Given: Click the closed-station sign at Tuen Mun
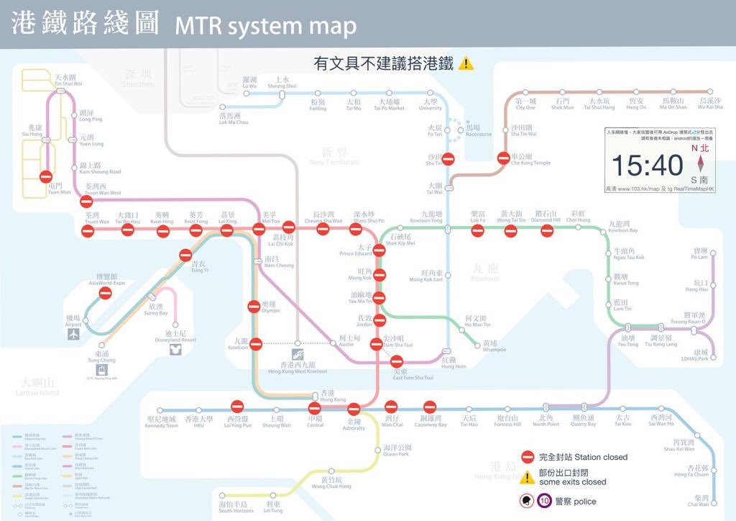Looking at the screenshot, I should [46, 176].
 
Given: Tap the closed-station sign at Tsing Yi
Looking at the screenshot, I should [186, 255].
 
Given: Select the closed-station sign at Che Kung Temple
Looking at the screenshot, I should [504, 158].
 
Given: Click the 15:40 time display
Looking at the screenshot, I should [647, 166].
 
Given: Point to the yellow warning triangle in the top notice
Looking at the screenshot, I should [466, 63].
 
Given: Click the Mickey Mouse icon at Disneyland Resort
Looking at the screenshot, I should [172, 350].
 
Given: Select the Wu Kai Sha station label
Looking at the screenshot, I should [709, 104].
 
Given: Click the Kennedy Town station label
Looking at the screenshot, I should [161, 422].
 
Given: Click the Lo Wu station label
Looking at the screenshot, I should [249, 82].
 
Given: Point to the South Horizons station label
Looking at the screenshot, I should [236, 507].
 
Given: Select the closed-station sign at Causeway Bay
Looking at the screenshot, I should [430, 407].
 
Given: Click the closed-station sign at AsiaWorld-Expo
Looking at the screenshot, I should [105, 293].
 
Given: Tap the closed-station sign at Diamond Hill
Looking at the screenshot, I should [547, 231].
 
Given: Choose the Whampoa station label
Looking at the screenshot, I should [489, 346].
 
